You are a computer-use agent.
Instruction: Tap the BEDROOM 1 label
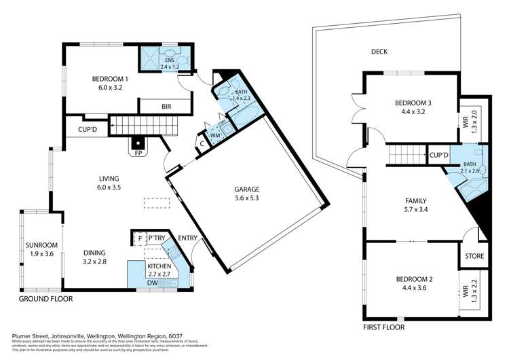(111, 79)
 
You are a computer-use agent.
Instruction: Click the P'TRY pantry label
(156, 238)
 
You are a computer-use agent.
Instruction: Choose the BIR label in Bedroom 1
(166, 107)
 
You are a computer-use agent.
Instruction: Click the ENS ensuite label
(169, 60)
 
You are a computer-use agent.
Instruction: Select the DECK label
(379, 51)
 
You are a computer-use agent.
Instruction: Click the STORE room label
(474, 256)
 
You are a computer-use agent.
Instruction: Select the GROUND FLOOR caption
(45, 298)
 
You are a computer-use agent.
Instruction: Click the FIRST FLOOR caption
(383, 327)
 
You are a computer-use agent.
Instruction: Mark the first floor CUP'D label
(439, 156)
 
